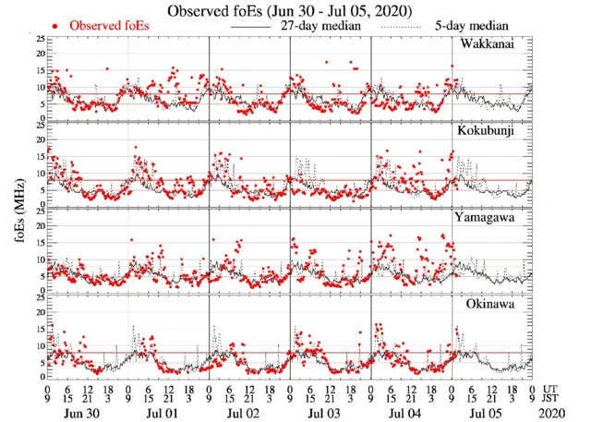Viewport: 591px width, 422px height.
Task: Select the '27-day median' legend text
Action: [318, 26]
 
